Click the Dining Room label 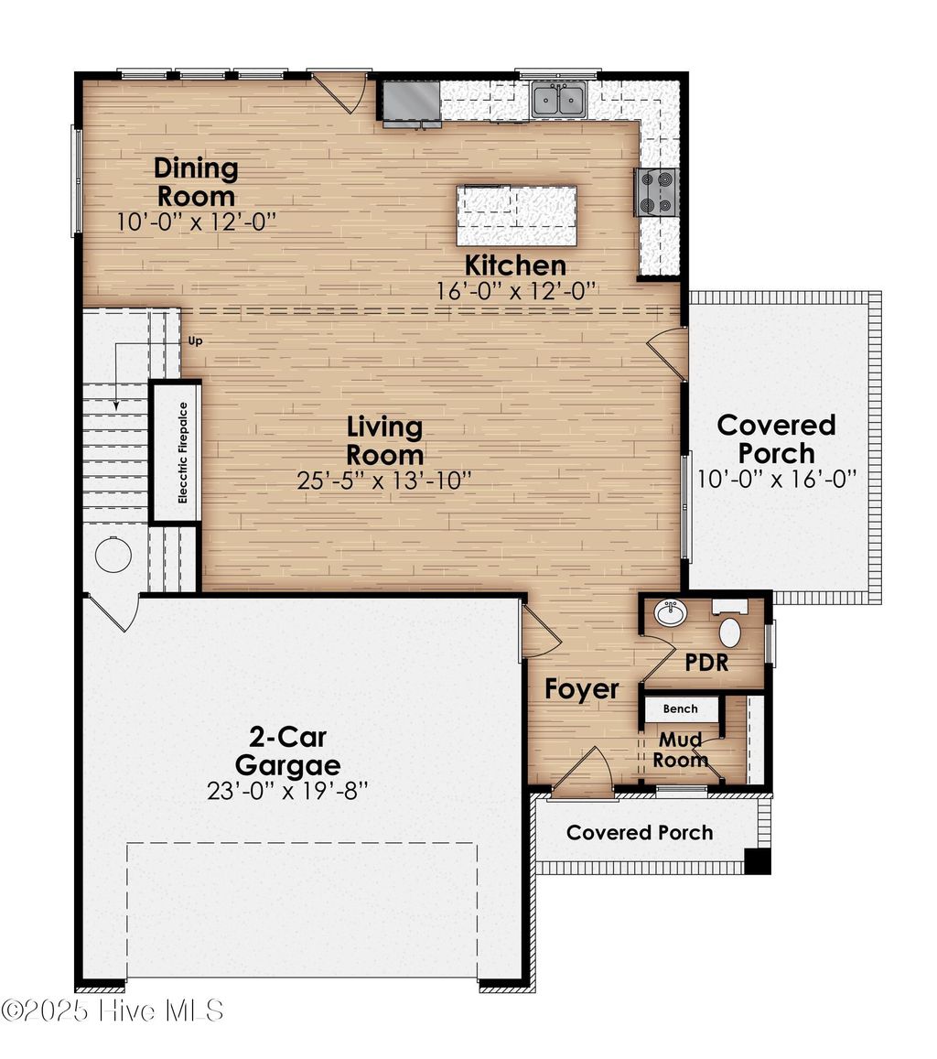click(196, 182)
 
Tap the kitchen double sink click(558, 100)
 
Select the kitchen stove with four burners click(656, 192)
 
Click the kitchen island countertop click(517, 215)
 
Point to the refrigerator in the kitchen click(411, 101)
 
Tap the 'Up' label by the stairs click(194, 341)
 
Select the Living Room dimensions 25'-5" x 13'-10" click(384, 481)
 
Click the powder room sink click(671, 613)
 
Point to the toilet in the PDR click(730, 632)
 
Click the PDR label click(707, 662)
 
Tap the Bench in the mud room click(680, 708)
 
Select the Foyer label click(582, 689)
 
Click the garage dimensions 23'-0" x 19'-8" click(287, 791)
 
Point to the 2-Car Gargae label click(287, 751)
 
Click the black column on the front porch click(757, 861)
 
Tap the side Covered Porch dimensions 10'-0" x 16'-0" click(777, 480)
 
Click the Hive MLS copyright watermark click(112, 1010)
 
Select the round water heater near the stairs click(113, 555)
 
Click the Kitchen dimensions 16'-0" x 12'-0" click(517, 290)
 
